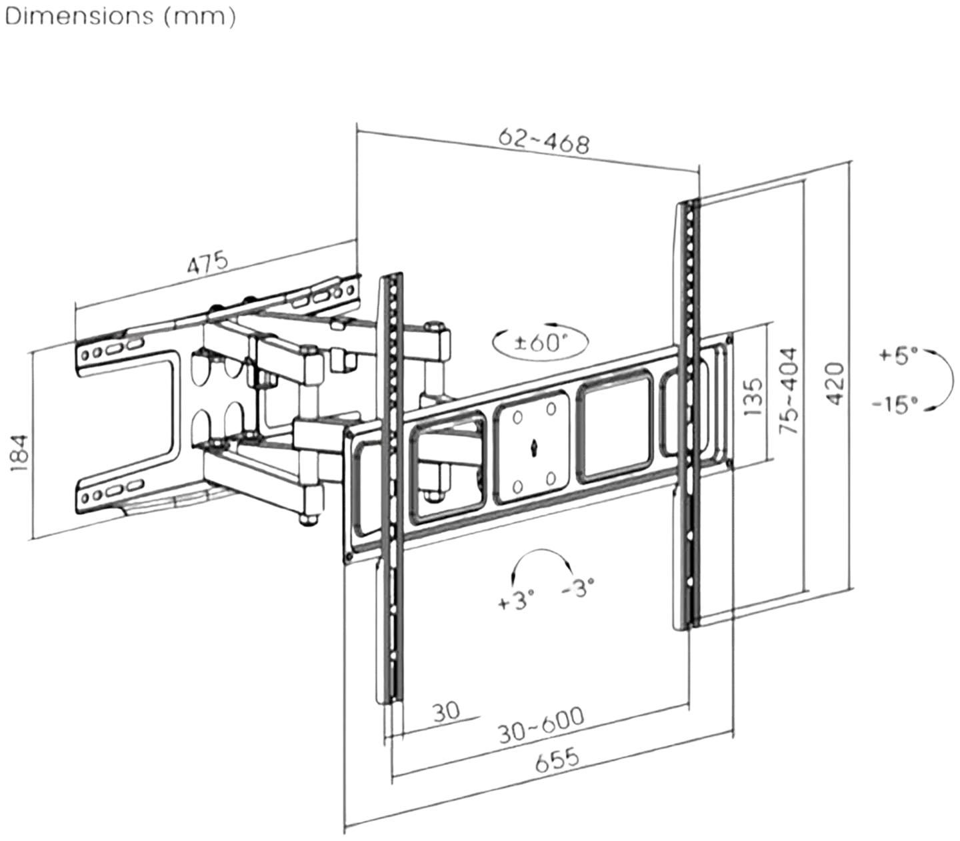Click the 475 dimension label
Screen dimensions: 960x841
207,263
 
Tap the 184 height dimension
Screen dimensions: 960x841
20,454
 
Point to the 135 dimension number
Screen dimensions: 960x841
754,397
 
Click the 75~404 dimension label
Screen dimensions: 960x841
788,390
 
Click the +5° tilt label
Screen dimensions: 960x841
898,355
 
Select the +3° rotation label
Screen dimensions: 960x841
515,600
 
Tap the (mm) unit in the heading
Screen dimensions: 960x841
199,17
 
